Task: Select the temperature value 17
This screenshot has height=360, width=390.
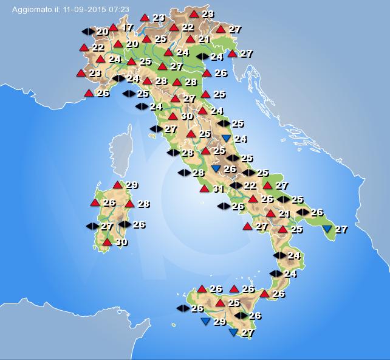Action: pyautogui.click(x=127, y=27)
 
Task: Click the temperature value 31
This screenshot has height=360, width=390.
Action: pyautogui.click(x=219, y=189)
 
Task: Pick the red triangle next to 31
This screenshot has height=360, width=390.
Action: pyautogui.click(x=204, y=189)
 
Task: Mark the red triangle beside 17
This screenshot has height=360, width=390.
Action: pyautogui.click(x=113, y=27)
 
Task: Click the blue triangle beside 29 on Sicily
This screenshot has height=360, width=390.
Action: pyautogui.click(x=205, y=321)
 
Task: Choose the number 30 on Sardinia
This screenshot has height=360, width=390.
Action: pyautogui.click(x=121, y=242)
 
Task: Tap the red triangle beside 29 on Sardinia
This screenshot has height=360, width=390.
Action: pyautogui.click(x=117, y=185)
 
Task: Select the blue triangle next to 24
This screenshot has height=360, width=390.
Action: pyautogui.click(x=227, y=139)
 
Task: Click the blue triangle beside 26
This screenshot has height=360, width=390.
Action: pyautogui.click(x=216, y=168)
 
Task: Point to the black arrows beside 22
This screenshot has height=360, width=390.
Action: pyautogui.click(x=236, y=185)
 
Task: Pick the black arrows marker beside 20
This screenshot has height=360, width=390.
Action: pyautogui.click(x=88, y=31)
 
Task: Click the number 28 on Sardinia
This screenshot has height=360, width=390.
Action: pyautogui.click(x=143, y=204)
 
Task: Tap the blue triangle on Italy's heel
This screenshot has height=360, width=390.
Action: pyautogui.click(x=327, y=229)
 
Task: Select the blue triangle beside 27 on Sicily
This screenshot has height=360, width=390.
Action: pyautogui.click(x=233, y=333)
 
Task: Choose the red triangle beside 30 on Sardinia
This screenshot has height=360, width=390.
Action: pyautogui.click(x=107, y=242)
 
